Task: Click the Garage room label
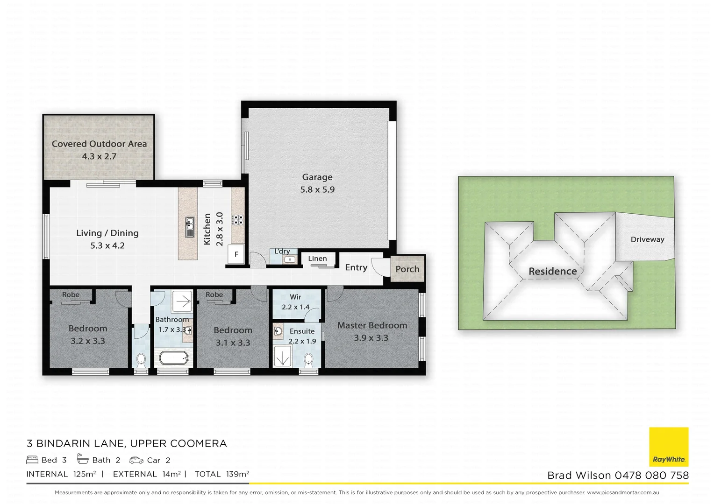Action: (x=317, y=177)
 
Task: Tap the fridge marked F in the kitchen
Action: (x=236, y=254)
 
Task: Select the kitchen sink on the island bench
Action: (x=189, y=227)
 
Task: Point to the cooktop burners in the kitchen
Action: (x=238, y=219)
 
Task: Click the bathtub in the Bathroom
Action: (x=173, y=359)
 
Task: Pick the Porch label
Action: (x=407, y=269)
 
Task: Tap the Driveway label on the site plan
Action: (x=647, y=239)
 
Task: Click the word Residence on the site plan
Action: (x=552, y=271)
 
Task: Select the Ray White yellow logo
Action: (x=669, y=447)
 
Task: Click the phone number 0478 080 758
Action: (x=651, y=476)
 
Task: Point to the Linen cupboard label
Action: (x=317, y=259)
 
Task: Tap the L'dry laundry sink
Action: (x=290, y=259)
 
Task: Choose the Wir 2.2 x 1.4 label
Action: (x=295, y=302)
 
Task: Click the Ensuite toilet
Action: (x=308, y=360)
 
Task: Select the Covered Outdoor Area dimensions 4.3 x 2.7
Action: (x=99, y=156)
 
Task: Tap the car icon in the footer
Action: (x=136, y=460)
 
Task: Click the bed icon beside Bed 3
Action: (x=32, y=460)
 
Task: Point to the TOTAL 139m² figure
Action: (x=221, y=474)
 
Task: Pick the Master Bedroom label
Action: (x=372, y=325)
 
